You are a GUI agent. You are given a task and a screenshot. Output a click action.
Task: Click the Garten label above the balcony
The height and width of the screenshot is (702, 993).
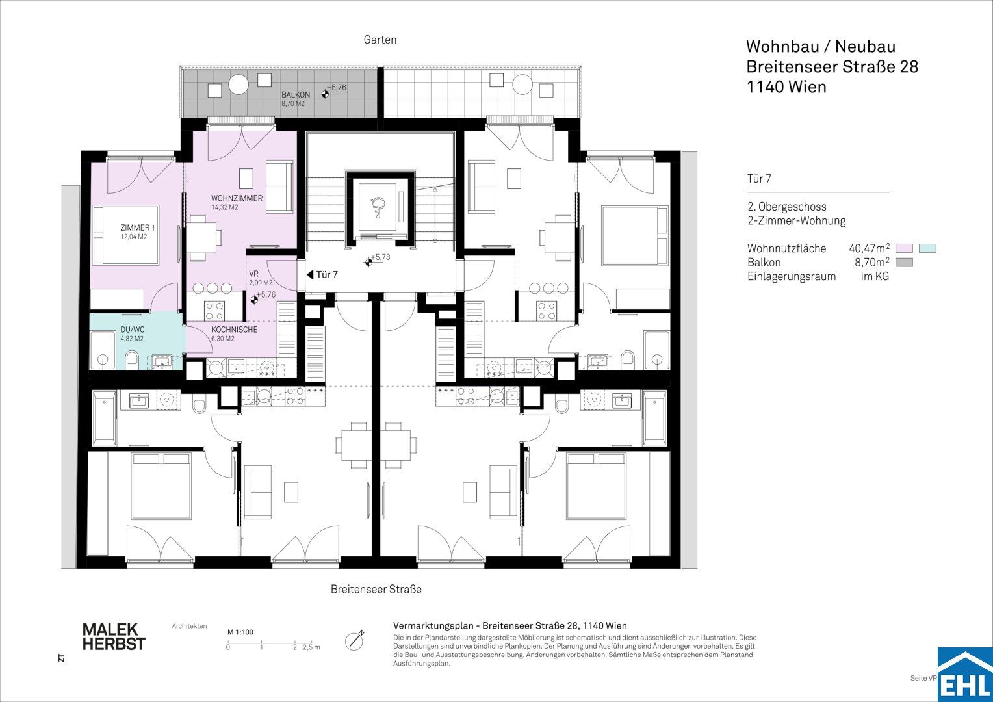380,40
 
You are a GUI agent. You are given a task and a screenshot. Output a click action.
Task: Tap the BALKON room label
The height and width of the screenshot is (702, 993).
296,94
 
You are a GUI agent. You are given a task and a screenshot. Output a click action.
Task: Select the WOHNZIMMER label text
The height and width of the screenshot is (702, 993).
237,198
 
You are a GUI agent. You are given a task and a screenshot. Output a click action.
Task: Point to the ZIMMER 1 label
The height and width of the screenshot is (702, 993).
137,227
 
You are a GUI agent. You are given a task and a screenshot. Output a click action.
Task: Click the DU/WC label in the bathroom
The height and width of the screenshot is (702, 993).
133,330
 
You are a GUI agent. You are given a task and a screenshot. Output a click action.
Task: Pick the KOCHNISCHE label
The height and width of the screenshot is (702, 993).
234,330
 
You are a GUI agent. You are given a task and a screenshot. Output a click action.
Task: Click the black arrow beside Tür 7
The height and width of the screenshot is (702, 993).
310,275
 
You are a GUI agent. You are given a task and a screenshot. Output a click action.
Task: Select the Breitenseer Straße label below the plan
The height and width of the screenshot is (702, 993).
376,590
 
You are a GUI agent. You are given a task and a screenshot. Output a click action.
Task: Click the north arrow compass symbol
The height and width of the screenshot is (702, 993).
355,640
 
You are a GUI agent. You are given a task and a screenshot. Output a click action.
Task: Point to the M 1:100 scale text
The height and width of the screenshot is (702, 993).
240,632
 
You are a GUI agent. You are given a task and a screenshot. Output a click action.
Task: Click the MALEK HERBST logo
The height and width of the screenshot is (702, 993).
114,637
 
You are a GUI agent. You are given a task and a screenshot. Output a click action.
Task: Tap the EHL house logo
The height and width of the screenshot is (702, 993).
965,675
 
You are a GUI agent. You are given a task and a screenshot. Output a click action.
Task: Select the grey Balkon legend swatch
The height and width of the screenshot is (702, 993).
904,263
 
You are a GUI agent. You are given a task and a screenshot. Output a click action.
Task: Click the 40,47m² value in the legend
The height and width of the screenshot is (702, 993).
870,248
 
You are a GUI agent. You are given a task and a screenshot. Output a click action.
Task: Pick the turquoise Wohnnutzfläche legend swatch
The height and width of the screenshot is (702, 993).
927,248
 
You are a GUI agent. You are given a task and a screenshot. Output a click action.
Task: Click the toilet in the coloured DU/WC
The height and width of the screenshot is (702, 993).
132,358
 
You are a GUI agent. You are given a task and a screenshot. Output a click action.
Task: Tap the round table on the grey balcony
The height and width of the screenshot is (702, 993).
239,84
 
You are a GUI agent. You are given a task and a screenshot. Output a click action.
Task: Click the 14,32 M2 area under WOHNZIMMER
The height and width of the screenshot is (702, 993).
225,207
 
